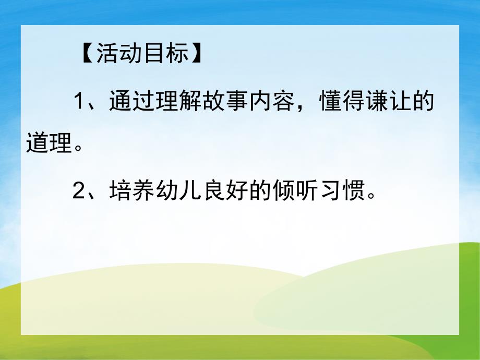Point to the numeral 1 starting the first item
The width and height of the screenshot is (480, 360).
coord(79,102)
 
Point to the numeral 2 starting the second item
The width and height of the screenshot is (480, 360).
coord(79,193)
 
